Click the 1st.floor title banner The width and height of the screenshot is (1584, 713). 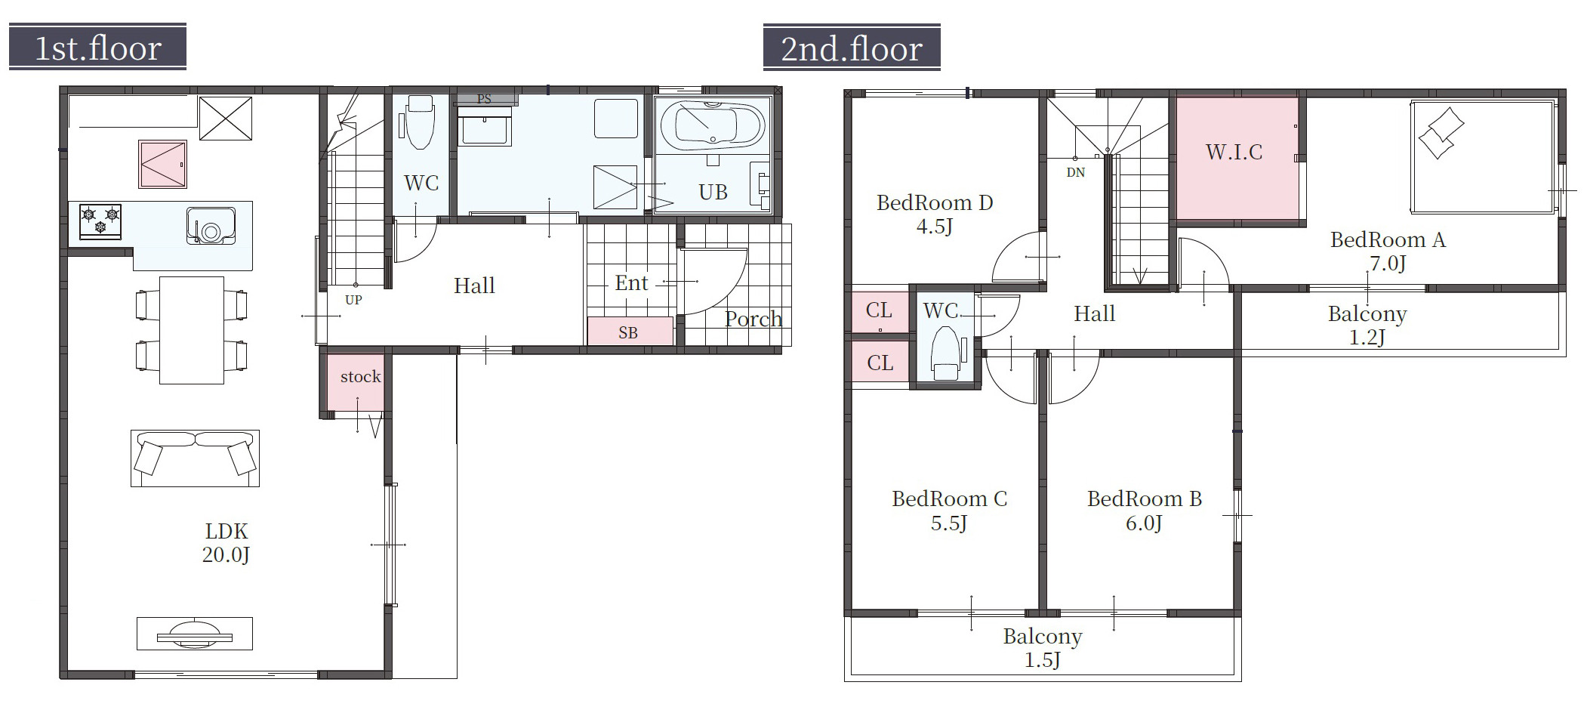(x=97, y=47)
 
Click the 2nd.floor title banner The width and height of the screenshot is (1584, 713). (x=852, y=47)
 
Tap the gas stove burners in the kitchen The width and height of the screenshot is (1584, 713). (x=100, y=221)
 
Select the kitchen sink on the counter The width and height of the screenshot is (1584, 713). (x=211, y=226)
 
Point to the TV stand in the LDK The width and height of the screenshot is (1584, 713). (x=195, y=634)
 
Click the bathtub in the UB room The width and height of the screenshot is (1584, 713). (x=711, y=125)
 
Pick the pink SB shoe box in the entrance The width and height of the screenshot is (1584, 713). (x=630, y=332)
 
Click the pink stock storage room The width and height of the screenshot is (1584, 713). (x=356, y=382)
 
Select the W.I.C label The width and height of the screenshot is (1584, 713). (x=1234, y=153)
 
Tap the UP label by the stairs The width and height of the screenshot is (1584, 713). (x=353, y=300)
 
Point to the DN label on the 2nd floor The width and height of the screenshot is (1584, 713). (x=1076, y=172)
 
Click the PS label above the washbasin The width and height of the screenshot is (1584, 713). (x=484, y=99)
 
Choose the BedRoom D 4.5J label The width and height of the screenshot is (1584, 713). (x=935, y=215)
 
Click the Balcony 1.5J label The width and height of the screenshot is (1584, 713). (x=1043, y=648)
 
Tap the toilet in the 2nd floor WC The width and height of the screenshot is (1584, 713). (x=945, y=353)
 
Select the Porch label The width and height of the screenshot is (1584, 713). (x=753, y=319)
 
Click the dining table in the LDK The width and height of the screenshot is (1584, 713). (x=192, y=330)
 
